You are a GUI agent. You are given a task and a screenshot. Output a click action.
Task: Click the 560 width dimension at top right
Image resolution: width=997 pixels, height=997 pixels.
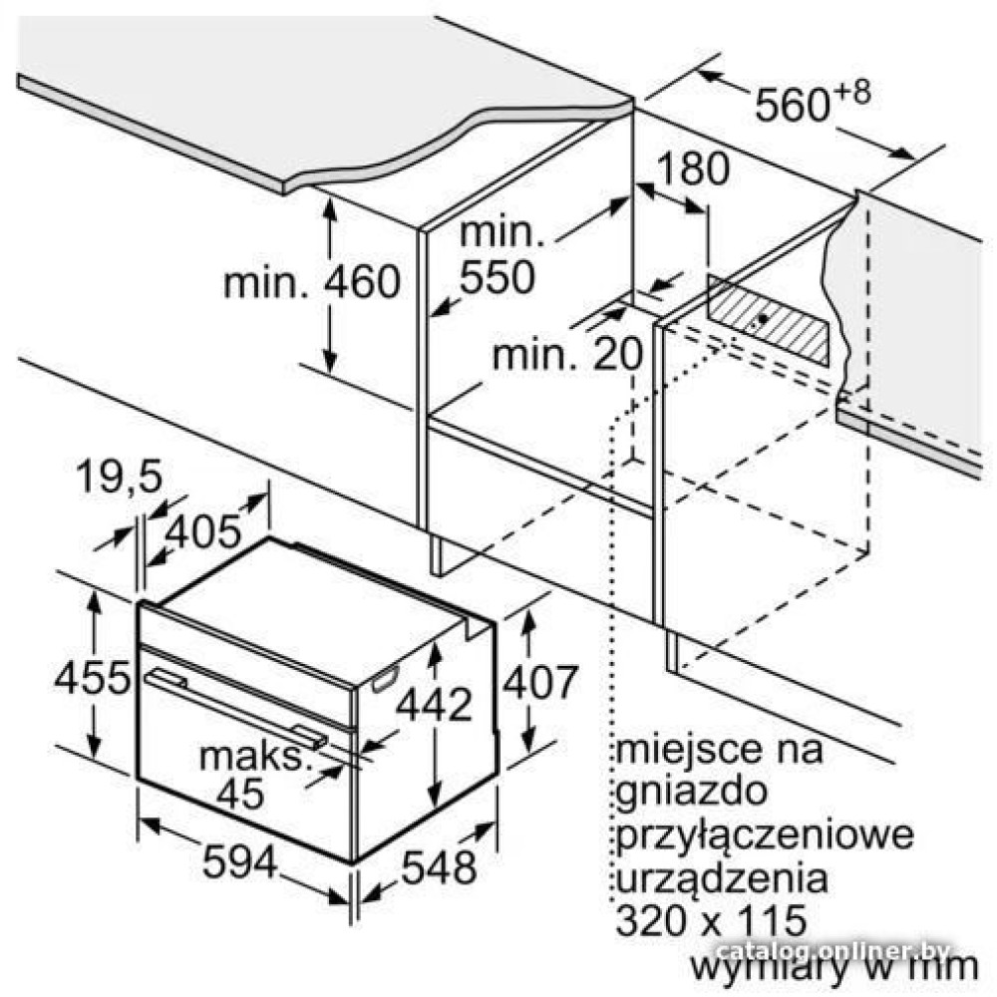click(x=793, y=105)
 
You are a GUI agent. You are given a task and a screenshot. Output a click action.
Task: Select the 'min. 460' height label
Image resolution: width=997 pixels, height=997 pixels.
click(x=311, y=282)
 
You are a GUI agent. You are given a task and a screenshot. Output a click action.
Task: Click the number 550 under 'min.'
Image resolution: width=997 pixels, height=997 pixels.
click(x=498, y=276)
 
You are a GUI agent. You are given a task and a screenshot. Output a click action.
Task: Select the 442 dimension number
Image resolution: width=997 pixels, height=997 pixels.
click(x=435, y=704)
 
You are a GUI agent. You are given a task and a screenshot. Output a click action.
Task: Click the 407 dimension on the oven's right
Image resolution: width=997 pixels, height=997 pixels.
click(x=540, y=682)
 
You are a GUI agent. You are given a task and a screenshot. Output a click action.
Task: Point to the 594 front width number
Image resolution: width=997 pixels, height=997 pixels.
click(x=240, y=861)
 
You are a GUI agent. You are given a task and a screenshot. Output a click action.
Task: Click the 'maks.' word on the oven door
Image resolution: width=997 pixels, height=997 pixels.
click(x=254, y=757)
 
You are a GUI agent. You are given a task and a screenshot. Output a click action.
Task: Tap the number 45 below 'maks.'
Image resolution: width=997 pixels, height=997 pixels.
click(x=240, y=793)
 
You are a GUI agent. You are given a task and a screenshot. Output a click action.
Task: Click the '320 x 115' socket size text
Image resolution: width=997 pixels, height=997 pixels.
click(x=712, y=920)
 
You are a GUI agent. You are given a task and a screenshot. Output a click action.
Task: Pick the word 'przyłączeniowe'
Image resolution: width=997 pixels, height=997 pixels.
click(x=765, y=835)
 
